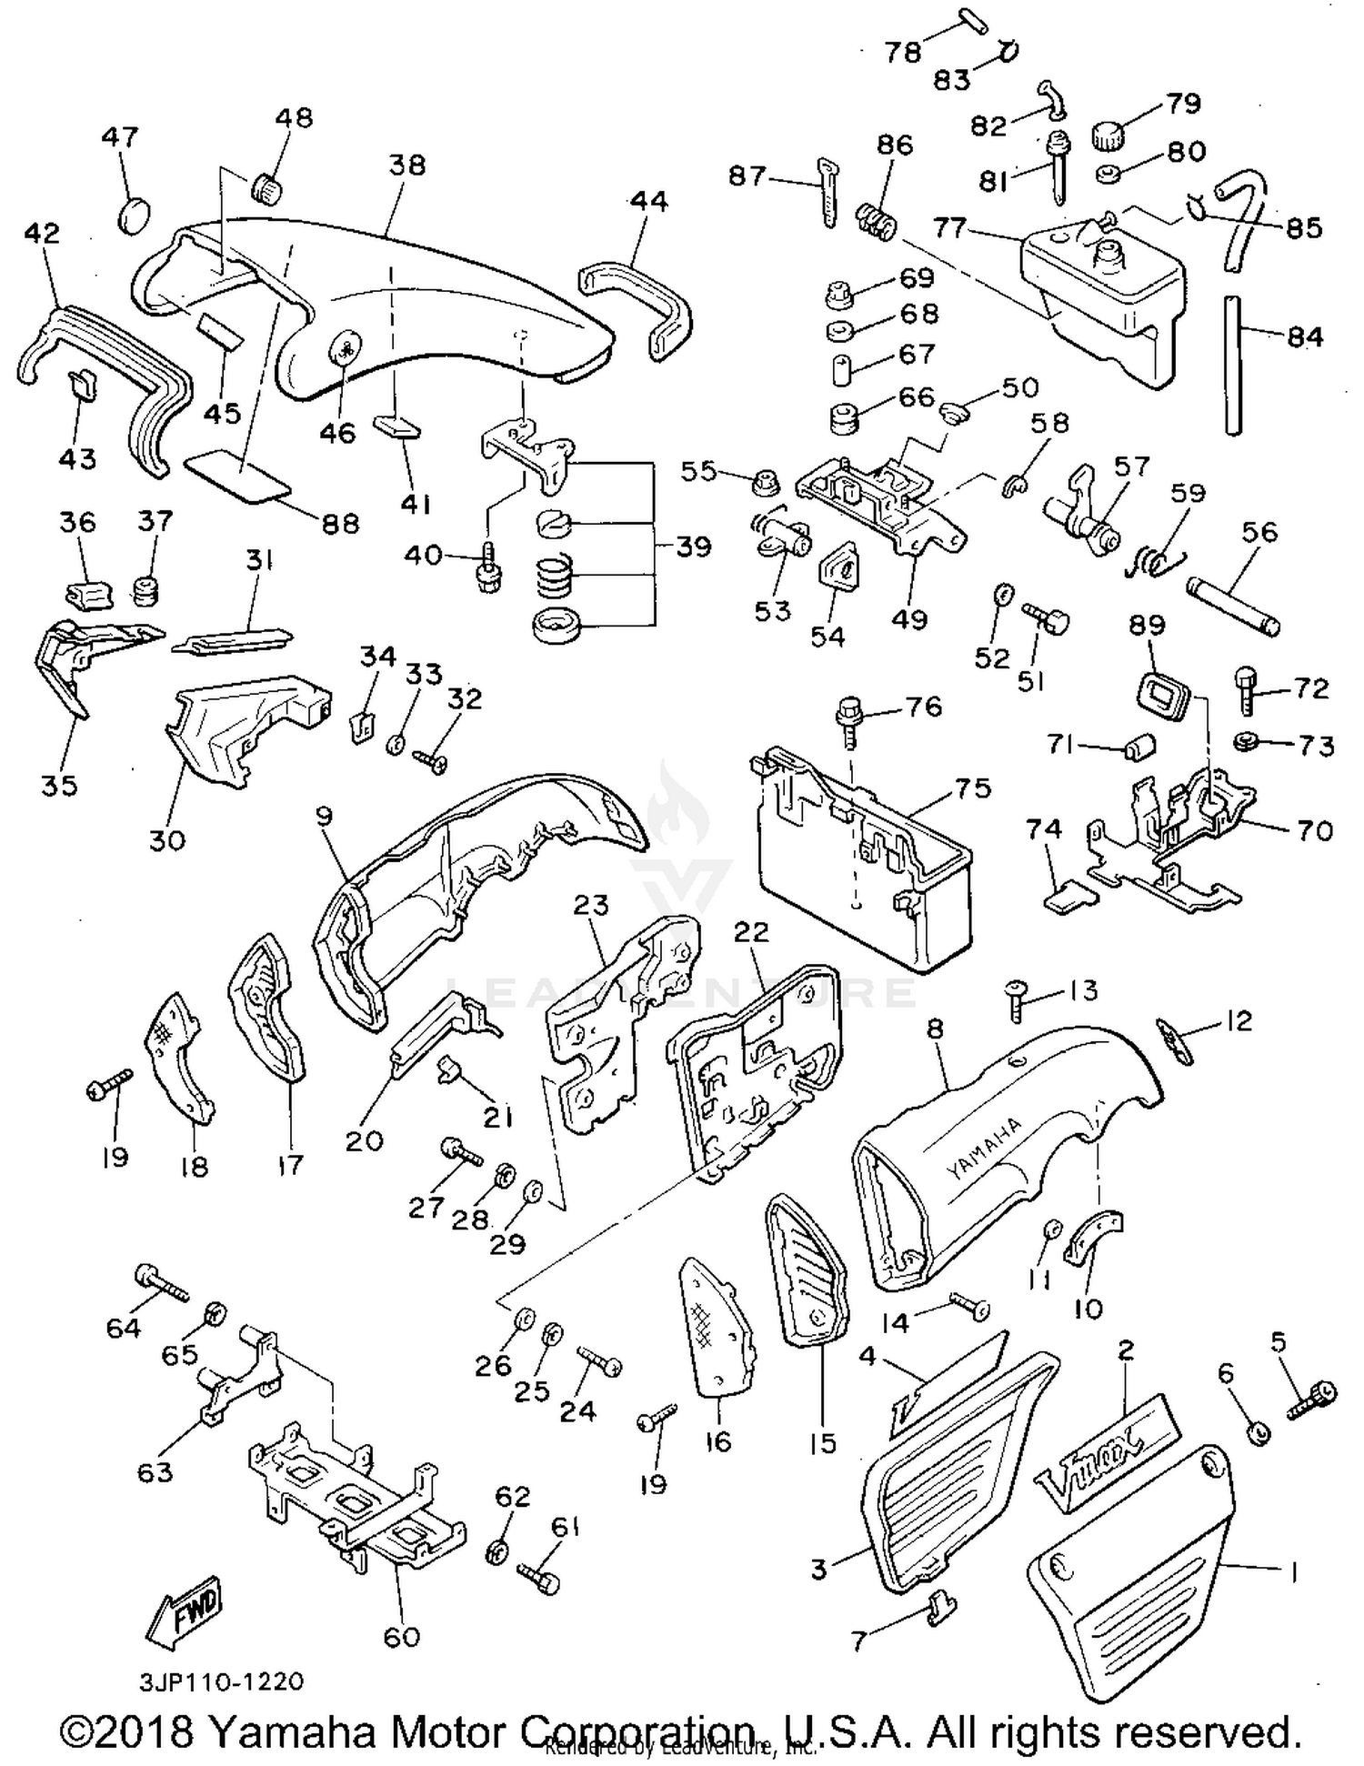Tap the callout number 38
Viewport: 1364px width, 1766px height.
(406, 165)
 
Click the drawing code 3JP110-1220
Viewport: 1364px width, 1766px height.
(221, 1681)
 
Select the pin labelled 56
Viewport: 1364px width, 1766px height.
(1233, 602)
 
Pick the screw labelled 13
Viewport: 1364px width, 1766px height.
(1018, 998)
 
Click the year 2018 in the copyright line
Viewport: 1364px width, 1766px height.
(144, 1732)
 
